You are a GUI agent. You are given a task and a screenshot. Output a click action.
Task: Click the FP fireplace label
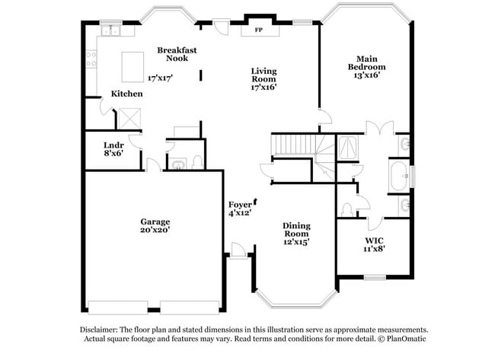point(259,30)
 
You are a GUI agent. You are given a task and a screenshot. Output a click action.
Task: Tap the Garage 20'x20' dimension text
point(155,230)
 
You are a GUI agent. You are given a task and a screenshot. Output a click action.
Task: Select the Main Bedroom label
point(367,62)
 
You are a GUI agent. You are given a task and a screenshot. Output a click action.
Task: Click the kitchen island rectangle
point(133,67)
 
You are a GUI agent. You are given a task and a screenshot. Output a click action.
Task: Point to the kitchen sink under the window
point(110,31)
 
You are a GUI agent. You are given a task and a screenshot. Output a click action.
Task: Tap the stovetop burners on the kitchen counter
point(91,59)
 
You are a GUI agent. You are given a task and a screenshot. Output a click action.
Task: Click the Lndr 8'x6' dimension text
point(113,153)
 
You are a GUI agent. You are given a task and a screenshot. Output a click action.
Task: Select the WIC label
point(374,241)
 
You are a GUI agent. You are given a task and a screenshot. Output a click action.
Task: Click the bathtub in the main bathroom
point(399,176)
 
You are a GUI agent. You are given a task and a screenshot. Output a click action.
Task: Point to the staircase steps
point(295,144)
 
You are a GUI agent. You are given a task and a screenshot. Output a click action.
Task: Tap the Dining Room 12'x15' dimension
point(296,242)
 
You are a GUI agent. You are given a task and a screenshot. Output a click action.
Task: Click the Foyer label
point(240,205)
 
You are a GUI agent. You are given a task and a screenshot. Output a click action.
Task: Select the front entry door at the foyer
point(238,251)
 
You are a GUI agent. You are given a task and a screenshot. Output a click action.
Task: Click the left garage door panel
point(118,307)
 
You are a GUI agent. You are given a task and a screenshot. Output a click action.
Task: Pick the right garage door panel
point(190,307)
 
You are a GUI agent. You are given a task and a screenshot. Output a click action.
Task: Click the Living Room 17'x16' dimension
point(263,87)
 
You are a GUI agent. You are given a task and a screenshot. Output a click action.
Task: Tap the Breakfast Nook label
point(177,54)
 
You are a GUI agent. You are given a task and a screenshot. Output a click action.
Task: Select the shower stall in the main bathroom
point(348,147)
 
